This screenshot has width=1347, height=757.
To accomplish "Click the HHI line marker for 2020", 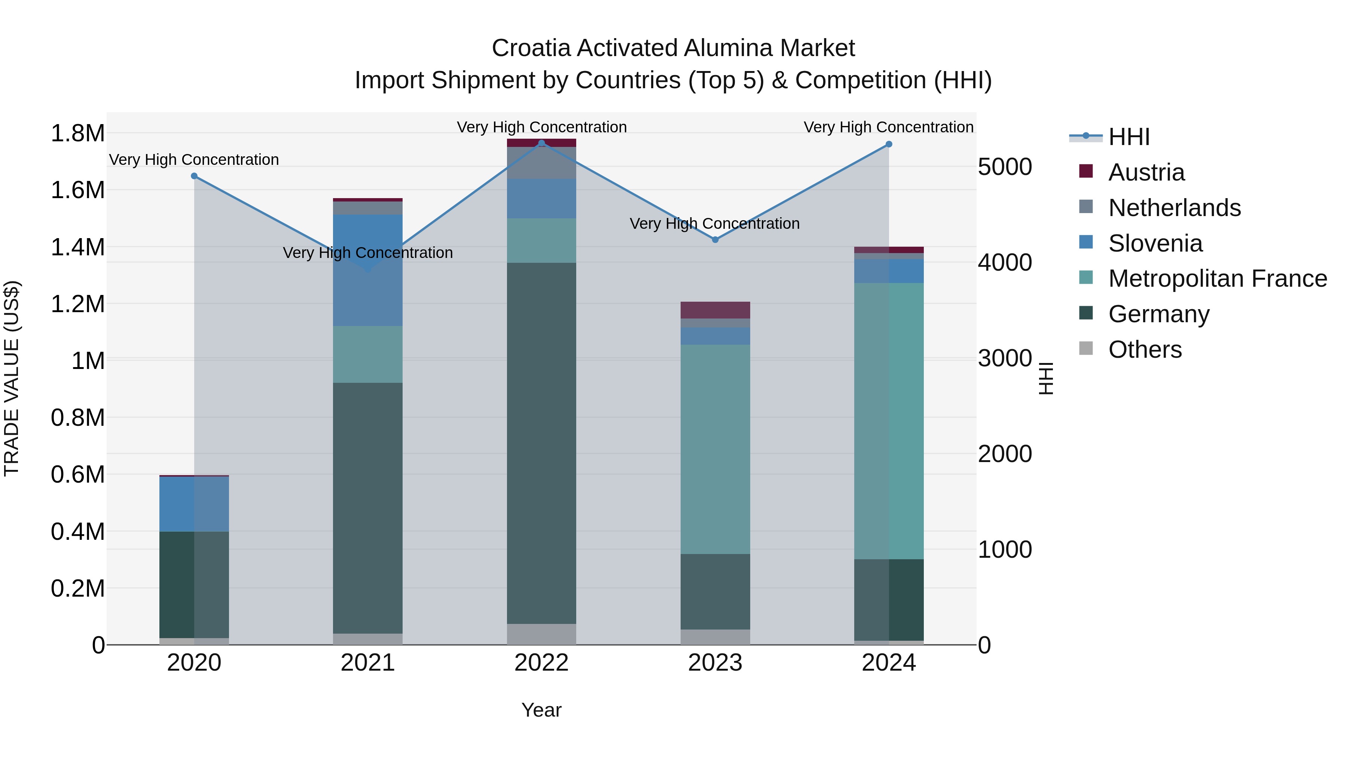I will (x=194, y=176).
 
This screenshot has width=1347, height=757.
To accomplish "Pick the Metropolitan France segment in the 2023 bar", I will (x=715, y=449).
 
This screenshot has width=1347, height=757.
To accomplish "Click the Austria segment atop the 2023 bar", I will (x=715, y=310).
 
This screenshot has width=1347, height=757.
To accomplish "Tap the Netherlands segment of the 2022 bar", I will (x=541, y=163).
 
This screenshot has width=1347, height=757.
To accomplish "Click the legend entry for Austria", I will (x=1146, y=172).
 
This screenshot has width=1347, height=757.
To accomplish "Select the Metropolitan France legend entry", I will (x=1217, y=279).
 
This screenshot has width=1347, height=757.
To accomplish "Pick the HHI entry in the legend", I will (x=1128, y=137).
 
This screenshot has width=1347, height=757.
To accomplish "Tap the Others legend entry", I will (x=1145, y=350).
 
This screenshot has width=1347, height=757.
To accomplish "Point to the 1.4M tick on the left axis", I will (x=78, y=247).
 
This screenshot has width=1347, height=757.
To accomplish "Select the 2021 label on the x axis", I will (x=367, y=663).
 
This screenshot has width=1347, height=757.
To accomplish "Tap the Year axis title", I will (x=541, y=710).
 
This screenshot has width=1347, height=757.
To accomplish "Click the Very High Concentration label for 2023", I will (x=714, y=224).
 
